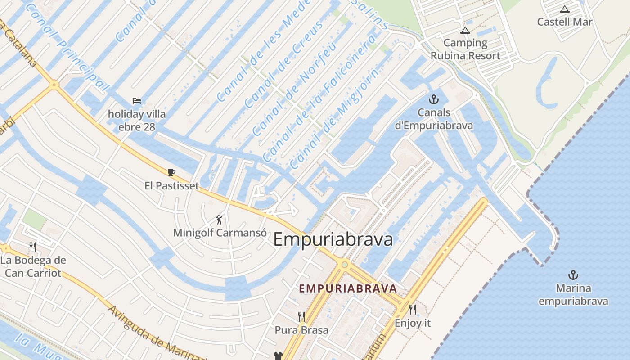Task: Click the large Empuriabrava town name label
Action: click(333, 239)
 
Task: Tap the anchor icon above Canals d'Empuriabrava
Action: click(434, 99)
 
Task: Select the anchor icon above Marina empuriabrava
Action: click(573, 275)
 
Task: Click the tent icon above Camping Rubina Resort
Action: click(465, 31)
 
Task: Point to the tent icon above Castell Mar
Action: click(565, 9)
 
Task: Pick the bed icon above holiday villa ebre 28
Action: click(136, 101)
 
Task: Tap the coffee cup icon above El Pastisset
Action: click(171, 172)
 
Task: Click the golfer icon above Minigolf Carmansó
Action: click(219, 220)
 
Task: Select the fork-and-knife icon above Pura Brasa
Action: click(301, 317)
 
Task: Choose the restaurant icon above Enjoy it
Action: click(412, 310)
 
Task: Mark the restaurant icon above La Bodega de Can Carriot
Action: click(32, 247)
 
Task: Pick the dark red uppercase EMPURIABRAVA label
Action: click(348, 288)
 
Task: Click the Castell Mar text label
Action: click(565, 22)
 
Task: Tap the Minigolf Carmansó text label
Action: click(220, 233)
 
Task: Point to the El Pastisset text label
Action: click(171, 185)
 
